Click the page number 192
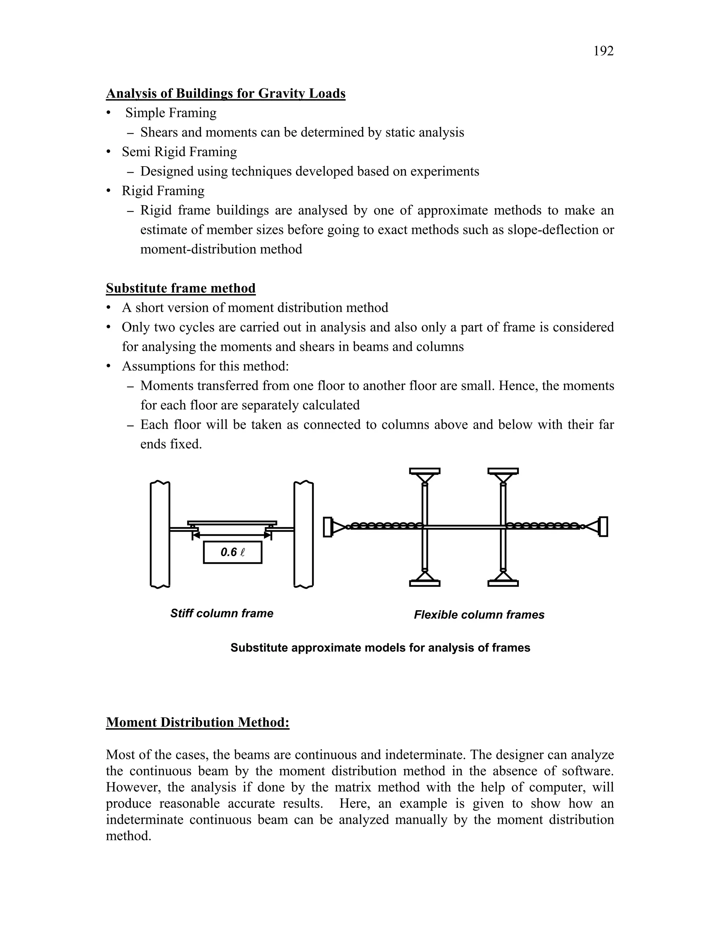603,51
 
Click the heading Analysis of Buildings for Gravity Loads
226,93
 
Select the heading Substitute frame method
181,288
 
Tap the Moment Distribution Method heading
198,722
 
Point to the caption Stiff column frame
222,613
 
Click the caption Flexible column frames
479,615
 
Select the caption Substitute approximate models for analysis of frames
380,647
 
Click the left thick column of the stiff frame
160,535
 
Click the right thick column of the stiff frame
304,535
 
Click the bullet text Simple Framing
171,113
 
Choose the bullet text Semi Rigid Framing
179,152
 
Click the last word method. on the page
128,836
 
